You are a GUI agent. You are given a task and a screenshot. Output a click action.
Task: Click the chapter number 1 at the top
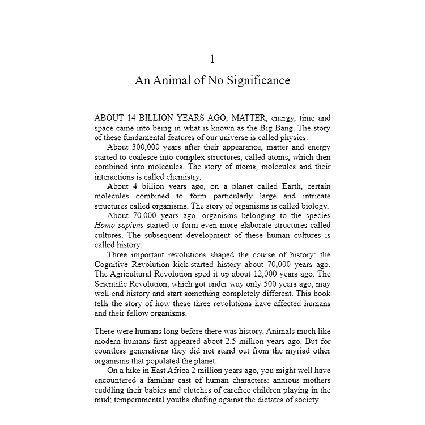click(212, 59)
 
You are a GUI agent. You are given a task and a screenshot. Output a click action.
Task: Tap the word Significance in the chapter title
click(258, 80)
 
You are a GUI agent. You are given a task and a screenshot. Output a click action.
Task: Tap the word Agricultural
click(139, 274)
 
